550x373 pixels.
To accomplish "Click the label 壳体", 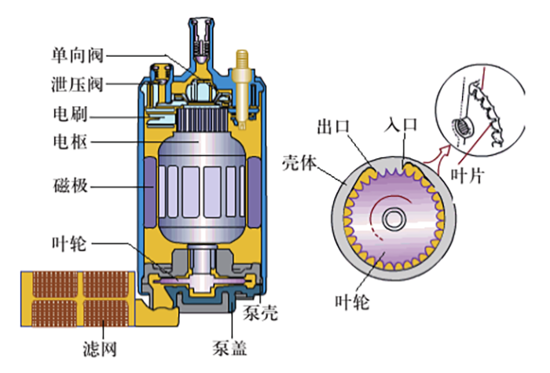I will click(x=298, y=164).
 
